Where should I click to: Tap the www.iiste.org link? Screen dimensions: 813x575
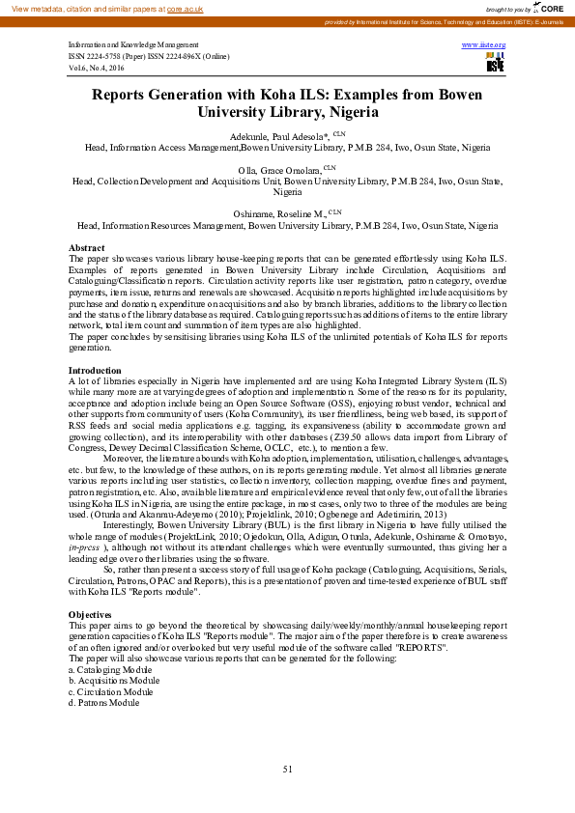[x=486, y=44]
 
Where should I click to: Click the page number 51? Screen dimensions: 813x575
[x=287, y=769]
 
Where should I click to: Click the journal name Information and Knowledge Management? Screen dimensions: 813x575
[x=133, y=45]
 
